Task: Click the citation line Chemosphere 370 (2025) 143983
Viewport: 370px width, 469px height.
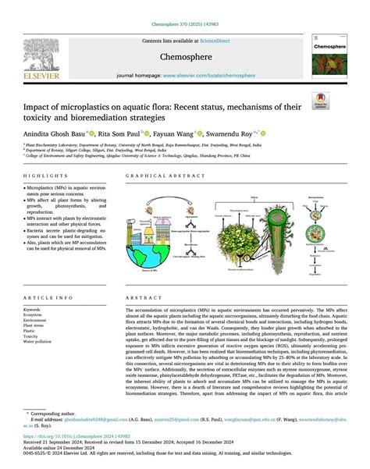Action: (185, 7)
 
